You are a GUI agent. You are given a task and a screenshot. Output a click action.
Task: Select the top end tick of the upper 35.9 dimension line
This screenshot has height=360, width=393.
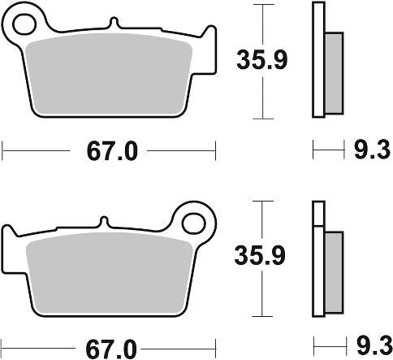tap(261, 4)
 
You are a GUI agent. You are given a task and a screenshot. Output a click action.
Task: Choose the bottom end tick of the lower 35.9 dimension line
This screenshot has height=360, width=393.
tap(261, 316)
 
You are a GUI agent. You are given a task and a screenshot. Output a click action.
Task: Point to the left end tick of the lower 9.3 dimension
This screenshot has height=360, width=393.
tap(313, 348)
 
